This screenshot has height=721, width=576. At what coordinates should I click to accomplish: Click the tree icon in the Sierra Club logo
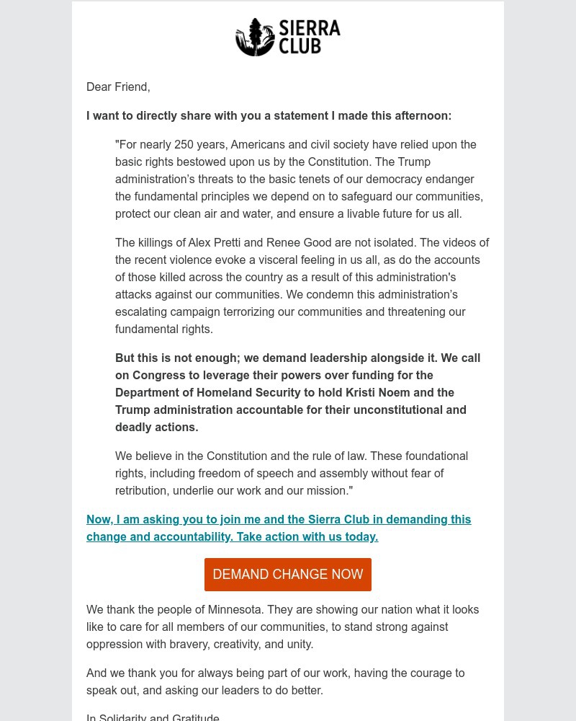tap(255, 37)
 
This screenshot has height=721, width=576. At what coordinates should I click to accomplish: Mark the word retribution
tap(145, 491)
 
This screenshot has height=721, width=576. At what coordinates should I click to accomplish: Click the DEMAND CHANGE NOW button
tap(288, 575)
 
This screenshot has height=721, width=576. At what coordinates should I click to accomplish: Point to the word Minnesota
tap(233, 610)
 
